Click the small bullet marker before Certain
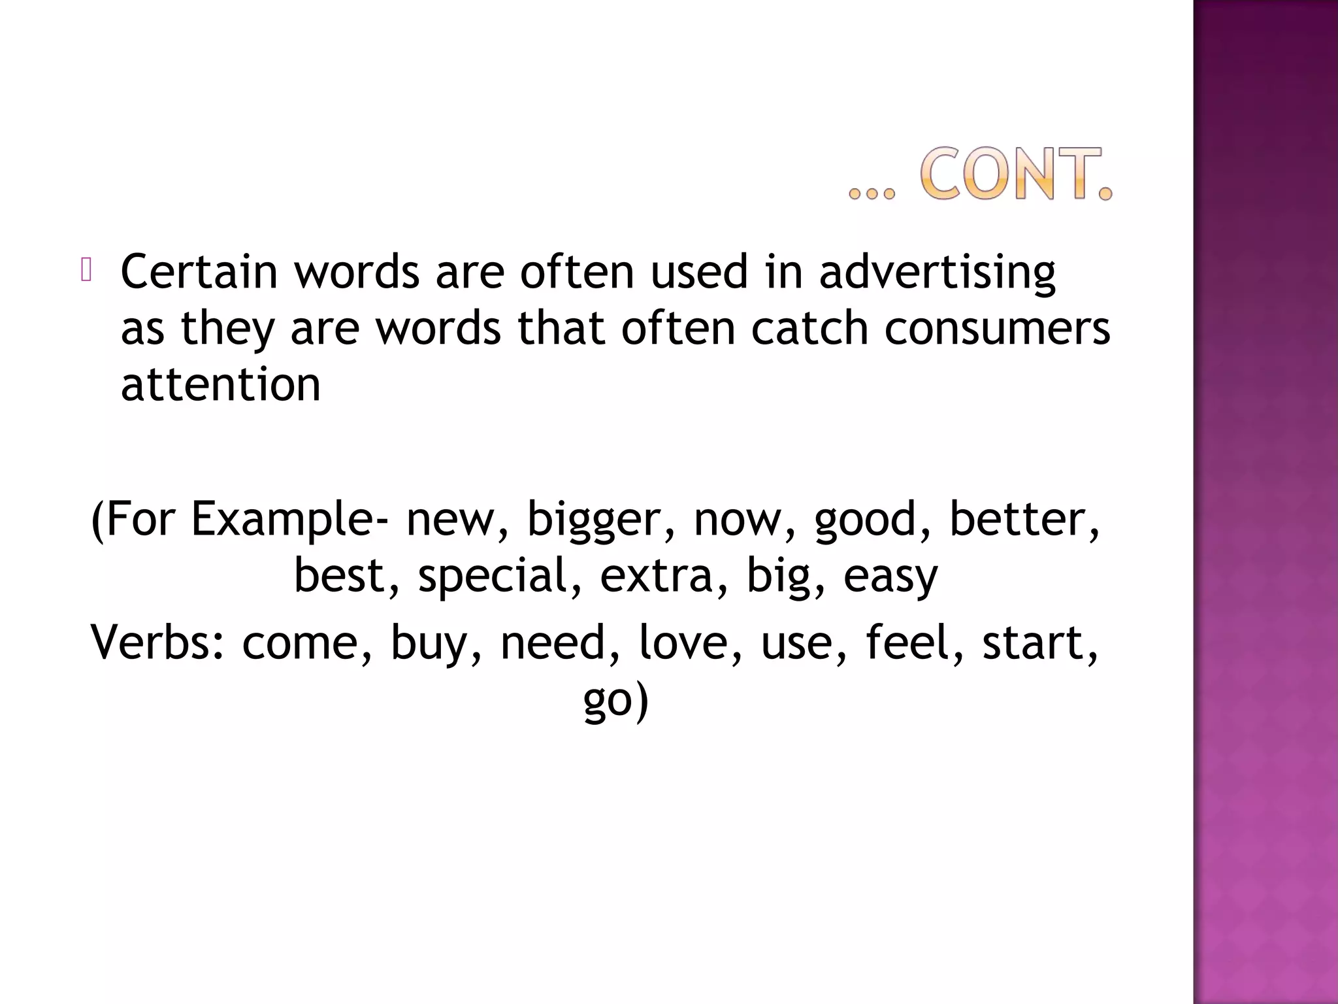(x=86, y=271)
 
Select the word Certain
(x=199, y=271)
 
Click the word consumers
(x=997, y=328)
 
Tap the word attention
(x=221, y=384)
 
